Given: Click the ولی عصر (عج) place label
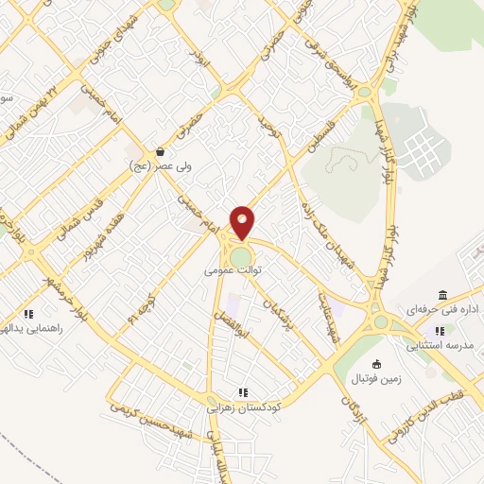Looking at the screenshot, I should [x=161, y=166].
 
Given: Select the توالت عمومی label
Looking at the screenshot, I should [x=232, y=270].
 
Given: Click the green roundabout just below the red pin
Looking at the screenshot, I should [x=241, y=257].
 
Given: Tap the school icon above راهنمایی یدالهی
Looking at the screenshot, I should [x=28, y=313].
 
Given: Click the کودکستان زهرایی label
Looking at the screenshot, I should [x=242, y=407].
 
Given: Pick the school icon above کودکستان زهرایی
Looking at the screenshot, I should [x=243, y=391].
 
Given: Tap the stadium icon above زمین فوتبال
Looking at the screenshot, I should [x=377, y=364].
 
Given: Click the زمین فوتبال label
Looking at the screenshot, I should [x=377, y=379].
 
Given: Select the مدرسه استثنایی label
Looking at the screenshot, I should [x=440, y=346].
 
